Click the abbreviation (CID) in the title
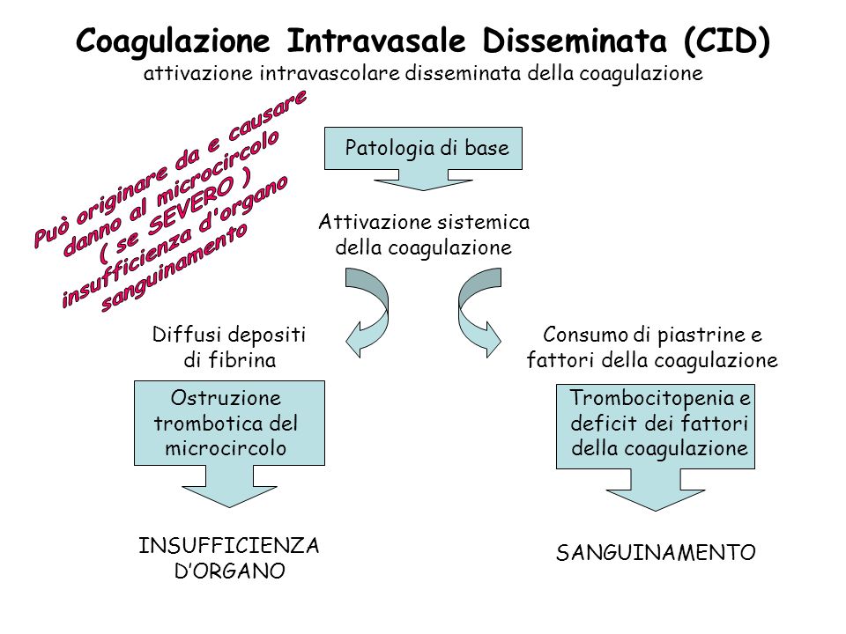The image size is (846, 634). click(726, 41)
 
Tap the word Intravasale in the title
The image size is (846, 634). click(375, 41)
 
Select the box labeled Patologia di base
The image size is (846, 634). click(423, 148)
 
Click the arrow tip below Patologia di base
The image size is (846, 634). click(423, 190)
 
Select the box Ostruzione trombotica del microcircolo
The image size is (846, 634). click(229, 424)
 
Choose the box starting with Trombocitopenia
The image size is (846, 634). click(656, 426)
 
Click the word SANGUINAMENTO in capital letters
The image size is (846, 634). click(656, 553)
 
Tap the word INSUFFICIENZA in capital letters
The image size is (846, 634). click(229, 546)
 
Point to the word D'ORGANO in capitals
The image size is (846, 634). click(230, 571)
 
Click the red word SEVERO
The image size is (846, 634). click(190, 206)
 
